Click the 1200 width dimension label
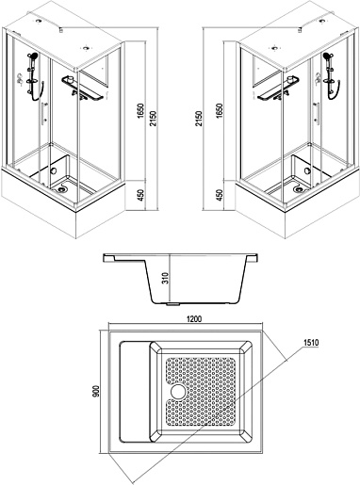tap(194, 319)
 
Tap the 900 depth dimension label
tap(96, 391)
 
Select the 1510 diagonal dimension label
tap(311, 343)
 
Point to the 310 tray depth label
tap(166, 278)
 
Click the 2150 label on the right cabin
tap(199, 118)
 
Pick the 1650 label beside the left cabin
tap(140, 111)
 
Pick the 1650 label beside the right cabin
tap(220, 111)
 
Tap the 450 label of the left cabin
tap(140, 195)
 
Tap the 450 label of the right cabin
tap(220, 195)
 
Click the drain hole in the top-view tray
tap(179, 392)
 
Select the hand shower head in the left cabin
tap(32, 57)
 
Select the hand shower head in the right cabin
tap(329, 57)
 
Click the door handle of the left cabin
tap(43, 113)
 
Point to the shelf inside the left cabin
tap(82, 89)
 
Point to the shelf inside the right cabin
tap(277, 89)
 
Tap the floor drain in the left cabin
tap(62, 189)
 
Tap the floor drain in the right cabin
tap(299, 189)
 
